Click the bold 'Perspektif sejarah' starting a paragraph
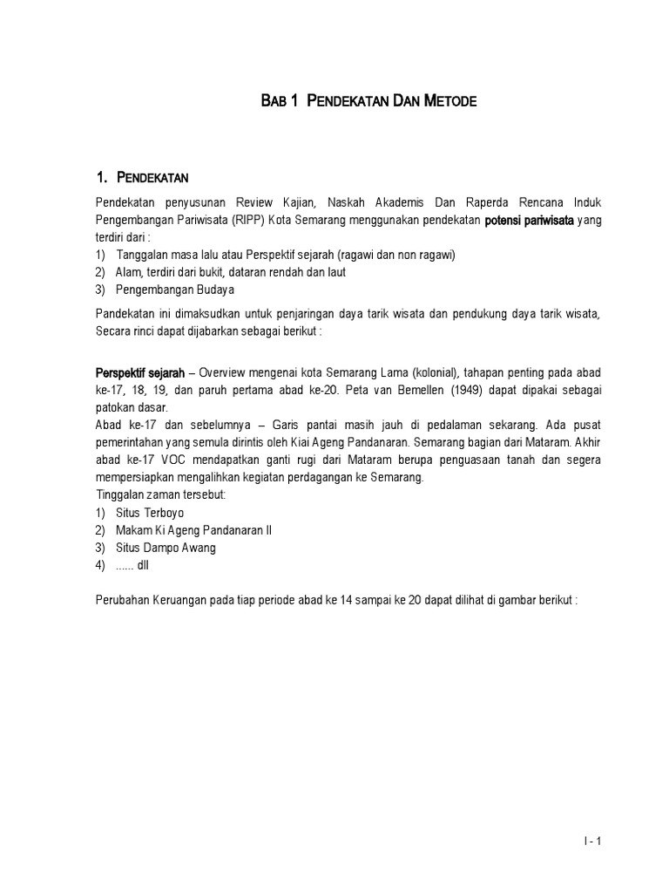[139, 373]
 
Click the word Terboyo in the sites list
[165, 513]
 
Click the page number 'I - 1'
[592, 841]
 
